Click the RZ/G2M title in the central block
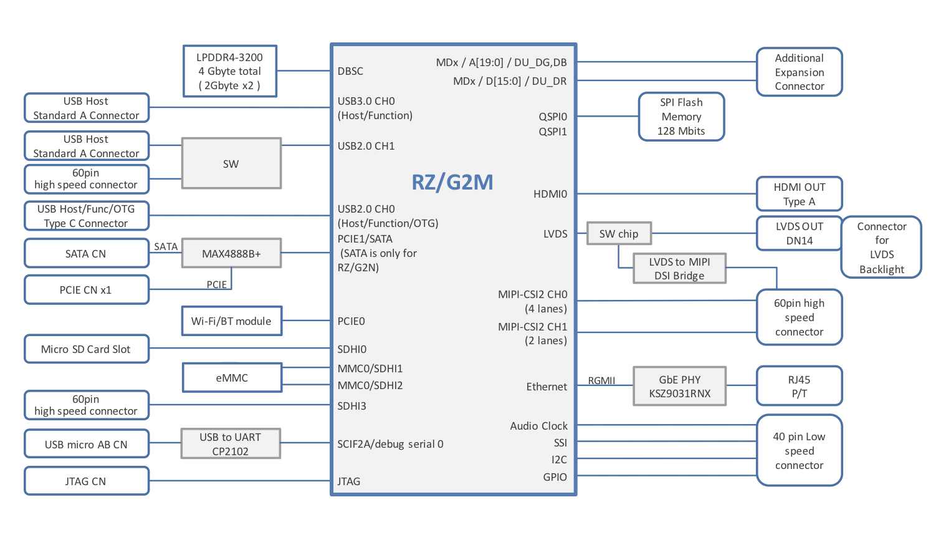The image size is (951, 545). coord(452,182)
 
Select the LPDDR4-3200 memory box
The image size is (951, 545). coord(230,71)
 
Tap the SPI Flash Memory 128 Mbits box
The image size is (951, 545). coord(681,117)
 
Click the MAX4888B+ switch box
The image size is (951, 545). coord(231,253)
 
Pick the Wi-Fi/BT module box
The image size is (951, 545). coord(231,321)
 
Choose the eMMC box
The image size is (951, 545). coord(232,378)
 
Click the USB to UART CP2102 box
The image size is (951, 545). coord(231,444)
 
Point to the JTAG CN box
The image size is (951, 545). coord(86,481)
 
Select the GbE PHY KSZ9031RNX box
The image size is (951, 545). coord(679,387)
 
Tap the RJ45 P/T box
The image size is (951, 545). coord(799,387)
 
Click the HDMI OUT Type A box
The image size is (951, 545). coord(799,195)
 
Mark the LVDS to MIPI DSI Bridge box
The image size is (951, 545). coord(679,269)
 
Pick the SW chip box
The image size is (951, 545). coord(619,234)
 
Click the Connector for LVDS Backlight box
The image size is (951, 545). coord(881,248)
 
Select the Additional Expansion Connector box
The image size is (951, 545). coord(799,72)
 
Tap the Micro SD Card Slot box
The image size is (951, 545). coord(86,349)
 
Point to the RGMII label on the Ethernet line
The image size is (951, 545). coord(601,380)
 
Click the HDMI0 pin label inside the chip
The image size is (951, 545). coord(550,194)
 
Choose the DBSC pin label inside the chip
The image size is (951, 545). coord(350,71)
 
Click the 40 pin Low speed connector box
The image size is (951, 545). coord(799,451)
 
